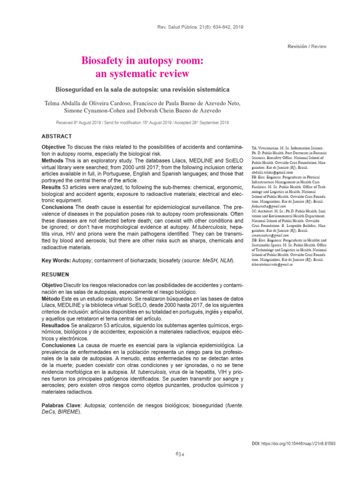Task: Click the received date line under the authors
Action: (x=142, y=122)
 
